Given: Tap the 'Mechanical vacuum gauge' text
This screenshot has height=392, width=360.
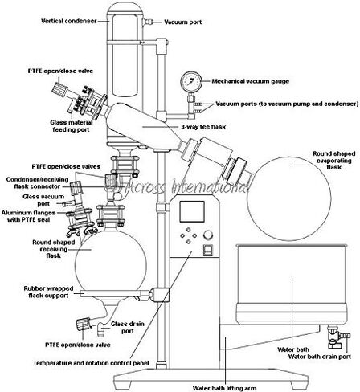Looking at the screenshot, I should coord(250,81).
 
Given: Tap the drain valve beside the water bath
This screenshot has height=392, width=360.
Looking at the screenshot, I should coord(335,332).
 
